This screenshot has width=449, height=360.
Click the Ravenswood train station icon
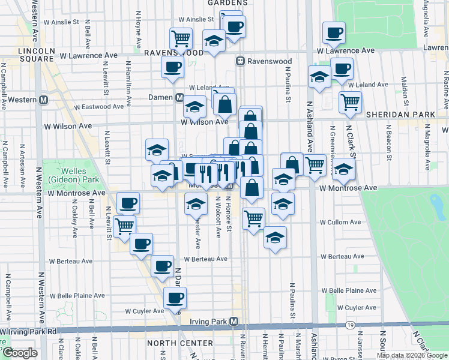[240, 61]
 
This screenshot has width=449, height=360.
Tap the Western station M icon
[44, 100]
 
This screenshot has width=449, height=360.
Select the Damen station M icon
[179, 97]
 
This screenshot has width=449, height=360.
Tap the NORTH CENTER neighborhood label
[179, 343]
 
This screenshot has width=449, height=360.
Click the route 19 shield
[349, 326]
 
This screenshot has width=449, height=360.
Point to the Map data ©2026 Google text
[411, 355]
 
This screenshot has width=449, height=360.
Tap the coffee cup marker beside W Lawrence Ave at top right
[333, 32]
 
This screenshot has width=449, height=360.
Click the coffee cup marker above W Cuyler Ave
[175, 297]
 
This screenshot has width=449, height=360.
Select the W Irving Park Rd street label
[30, 331]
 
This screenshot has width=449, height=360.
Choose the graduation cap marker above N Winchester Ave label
[195, 204]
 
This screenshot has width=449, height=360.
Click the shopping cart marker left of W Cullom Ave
[254, 218]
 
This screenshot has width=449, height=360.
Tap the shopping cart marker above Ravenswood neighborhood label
[181, 38]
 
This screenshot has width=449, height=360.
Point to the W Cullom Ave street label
[340, 222]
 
